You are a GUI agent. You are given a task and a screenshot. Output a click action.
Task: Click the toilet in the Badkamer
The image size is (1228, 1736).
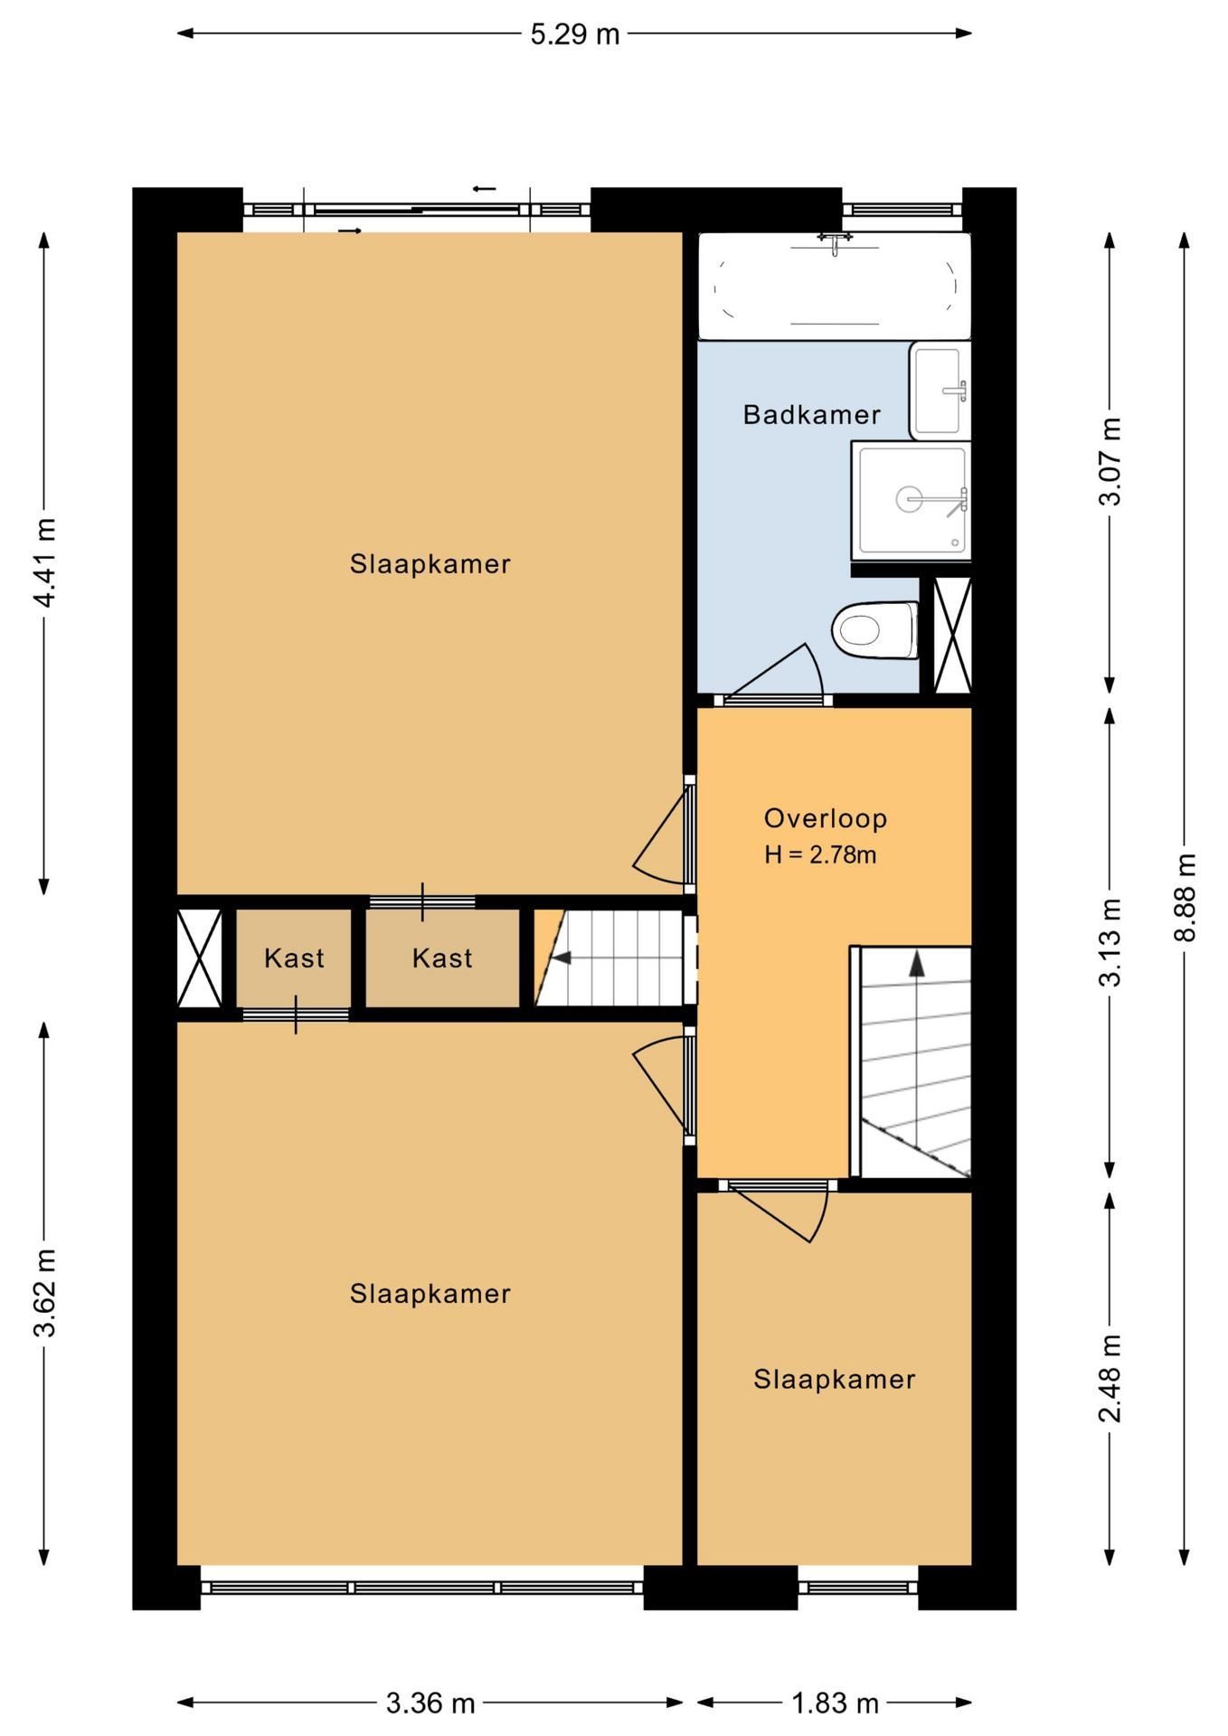[x=875, y=629]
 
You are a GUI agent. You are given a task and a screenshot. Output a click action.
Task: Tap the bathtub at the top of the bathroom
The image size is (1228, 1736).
[x=834, y=286]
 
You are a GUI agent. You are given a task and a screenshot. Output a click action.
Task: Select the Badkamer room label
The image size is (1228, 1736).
[x=811, y=415]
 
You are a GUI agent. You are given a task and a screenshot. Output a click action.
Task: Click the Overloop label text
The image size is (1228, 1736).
[x=825, y=818]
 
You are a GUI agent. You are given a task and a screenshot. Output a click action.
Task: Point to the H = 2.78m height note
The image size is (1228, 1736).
[x=820, y=854]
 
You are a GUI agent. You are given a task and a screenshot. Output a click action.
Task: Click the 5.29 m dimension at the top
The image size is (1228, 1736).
[x=574, y=34]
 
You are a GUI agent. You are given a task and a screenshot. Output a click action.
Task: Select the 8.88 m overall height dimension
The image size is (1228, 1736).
[x=1185, y=898]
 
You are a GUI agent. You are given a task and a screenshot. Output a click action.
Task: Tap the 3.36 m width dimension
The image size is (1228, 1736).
[x=430, y=1703]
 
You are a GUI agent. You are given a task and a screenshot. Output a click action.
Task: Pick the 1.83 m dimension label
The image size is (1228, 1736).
[x=835, y=1703]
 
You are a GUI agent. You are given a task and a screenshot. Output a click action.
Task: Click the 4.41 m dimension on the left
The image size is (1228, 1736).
[x=44, y=562]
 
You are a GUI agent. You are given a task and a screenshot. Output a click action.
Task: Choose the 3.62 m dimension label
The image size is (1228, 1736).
[x=44, y=1293]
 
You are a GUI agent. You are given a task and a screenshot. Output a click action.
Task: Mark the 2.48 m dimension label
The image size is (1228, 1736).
[x=1110, y=1378]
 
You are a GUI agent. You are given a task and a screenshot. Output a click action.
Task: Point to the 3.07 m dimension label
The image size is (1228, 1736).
[x=1110, y=461]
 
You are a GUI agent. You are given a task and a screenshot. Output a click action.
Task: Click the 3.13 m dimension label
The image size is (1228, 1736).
[x=1110, y=942]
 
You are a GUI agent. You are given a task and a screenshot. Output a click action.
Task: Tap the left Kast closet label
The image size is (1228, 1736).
[x=294, y=958]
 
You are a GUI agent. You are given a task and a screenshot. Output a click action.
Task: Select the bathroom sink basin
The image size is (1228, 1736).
[x=940, y=391]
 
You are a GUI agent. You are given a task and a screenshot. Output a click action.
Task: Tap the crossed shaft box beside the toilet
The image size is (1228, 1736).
[x=952, y=635]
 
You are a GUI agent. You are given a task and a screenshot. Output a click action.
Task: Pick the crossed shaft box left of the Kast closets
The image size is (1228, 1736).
[x=199, y=958]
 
